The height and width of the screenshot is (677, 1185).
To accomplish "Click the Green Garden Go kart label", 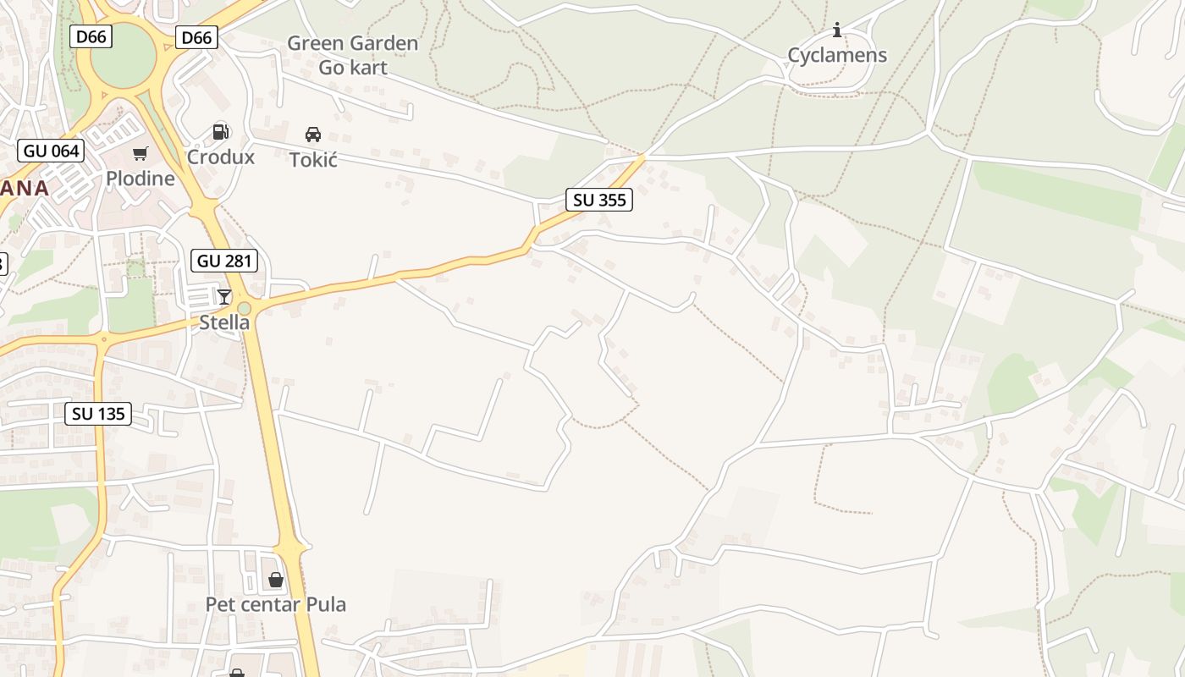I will [x=352, y=55].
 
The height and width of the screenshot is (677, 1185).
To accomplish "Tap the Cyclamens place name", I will [x=837, y=55].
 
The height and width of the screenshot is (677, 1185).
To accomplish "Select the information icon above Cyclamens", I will [x=837, y=30].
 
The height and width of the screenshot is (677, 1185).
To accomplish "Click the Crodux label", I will [x=221, y=157].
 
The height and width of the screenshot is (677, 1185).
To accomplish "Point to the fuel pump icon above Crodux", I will [x=221, y=131].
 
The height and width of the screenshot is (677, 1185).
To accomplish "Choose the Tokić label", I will [x=313, y=159].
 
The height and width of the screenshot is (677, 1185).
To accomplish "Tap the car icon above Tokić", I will [x=313, y=134].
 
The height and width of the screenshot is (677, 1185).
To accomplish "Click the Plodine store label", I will [x=141, y=178].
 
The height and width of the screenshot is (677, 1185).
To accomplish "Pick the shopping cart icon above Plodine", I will [x=141, y=153].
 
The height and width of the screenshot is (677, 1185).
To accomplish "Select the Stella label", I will [x=224, y=322].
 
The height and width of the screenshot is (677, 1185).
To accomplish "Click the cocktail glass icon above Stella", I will [x=224, y=296].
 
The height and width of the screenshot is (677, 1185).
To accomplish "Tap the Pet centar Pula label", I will [x=276, y=604].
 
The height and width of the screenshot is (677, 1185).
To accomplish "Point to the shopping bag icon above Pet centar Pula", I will [x=276, y=580].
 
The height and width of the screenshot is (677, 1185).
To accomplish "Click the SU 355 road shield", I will [x=599, y=200].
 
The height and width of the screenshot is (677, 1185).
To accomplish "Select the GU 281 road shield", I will [x=224, y=261].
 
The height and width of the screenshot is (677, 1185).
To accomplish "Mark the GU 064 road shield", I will [x=52, y=151].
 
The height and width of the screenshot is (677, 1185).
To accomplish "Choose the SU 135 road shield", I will [x=99, y=414].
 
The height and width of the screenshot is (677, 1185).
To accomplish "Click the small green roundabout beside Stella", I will [x=245, y=309].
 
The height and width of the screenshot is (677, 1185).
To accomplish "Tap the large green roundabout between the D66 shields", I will [x=124, y=55].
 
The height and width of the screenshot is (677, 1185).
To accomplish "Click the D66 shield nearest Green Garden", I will [x=197, y=37].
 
